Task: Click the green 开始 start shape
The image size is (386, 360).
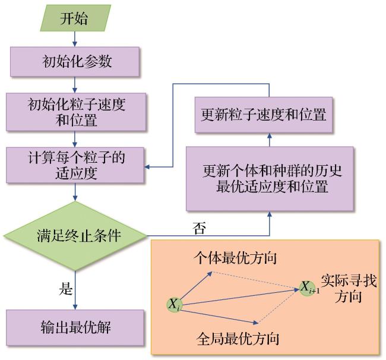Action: pyautogui.click(x=75, y=18)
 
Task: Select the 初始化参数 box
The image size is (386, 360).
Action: pyautogui.click(x=75, y=62)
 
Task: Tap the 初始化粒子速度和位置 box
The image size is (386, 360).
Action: pyautogui.click(x=76, y=112)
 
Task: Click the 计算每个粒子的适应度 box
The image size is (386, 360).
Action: pyautogui.click(x=75, y=165)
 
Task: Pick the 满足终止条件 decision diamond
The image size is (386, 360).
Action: pyautogui.click(x=75, y=236)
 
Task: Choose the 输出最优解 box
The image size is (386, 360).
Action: pyautogui.click(x=75, y=328)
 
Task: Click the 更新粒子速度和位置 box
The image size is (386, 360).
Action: pyautogui.click(x=264, y=115)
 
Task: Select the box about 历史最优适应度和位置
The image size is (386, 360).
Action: pyautogui.click(x=270, y=179)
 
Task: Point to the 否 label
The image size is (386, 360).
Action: pyautogui.click(x=199, y=228)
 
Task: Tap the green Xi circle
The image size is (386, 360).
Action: pyautogui.click(x=175, y=305)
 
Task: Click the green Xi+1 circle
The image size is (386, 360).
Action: pyautogui.click(x=308, y=288)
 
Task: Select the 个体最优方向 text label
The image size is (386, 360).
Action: pyautogui.click(x=235, y=258)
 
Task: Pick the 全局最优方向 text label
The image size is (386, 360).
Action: pyautogui.click(x=238, y=339)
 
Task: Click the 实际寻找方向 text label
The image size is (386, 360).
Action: pyautogui.click(x=349, y=288)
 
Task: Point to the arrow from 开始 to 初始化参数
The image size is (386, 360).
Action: pyautogui.click(x=75, y=39)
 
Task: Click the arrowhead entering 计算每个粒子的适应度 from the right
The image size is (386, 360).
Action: pyautogui.click(x=147, y=167)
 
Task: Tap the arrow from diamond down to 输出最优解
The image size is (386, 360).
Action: pyautogui.click(x=75, y=290)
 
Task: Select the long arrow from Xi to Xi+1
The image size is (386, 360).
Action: pyautogui.click(x=241, y=297)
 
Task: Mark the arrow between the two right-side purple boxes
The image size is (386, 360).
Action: pyautogui.click(x=270, y=140)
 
